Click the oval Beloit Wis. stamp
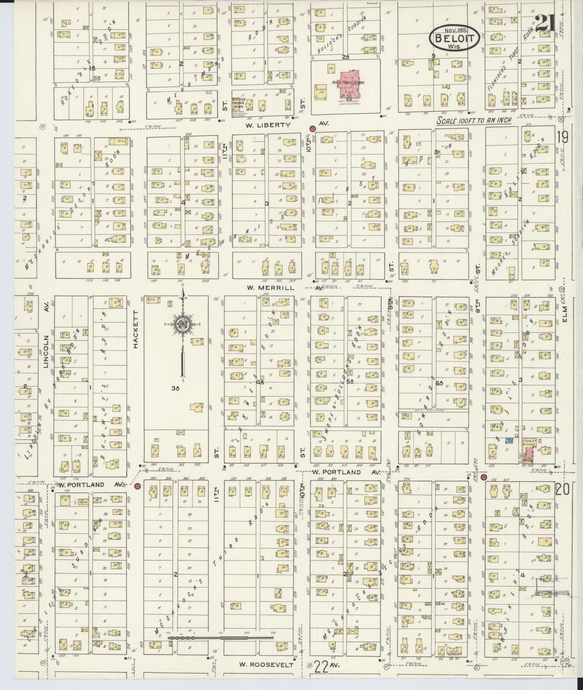click(454, 37)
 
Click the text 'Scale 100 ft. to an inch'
click(474, 121)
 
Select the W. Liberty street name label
click(268, 125)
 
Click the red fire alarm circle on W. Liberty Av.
click(312, 129)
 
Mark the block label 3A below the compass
click(175, 389)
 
